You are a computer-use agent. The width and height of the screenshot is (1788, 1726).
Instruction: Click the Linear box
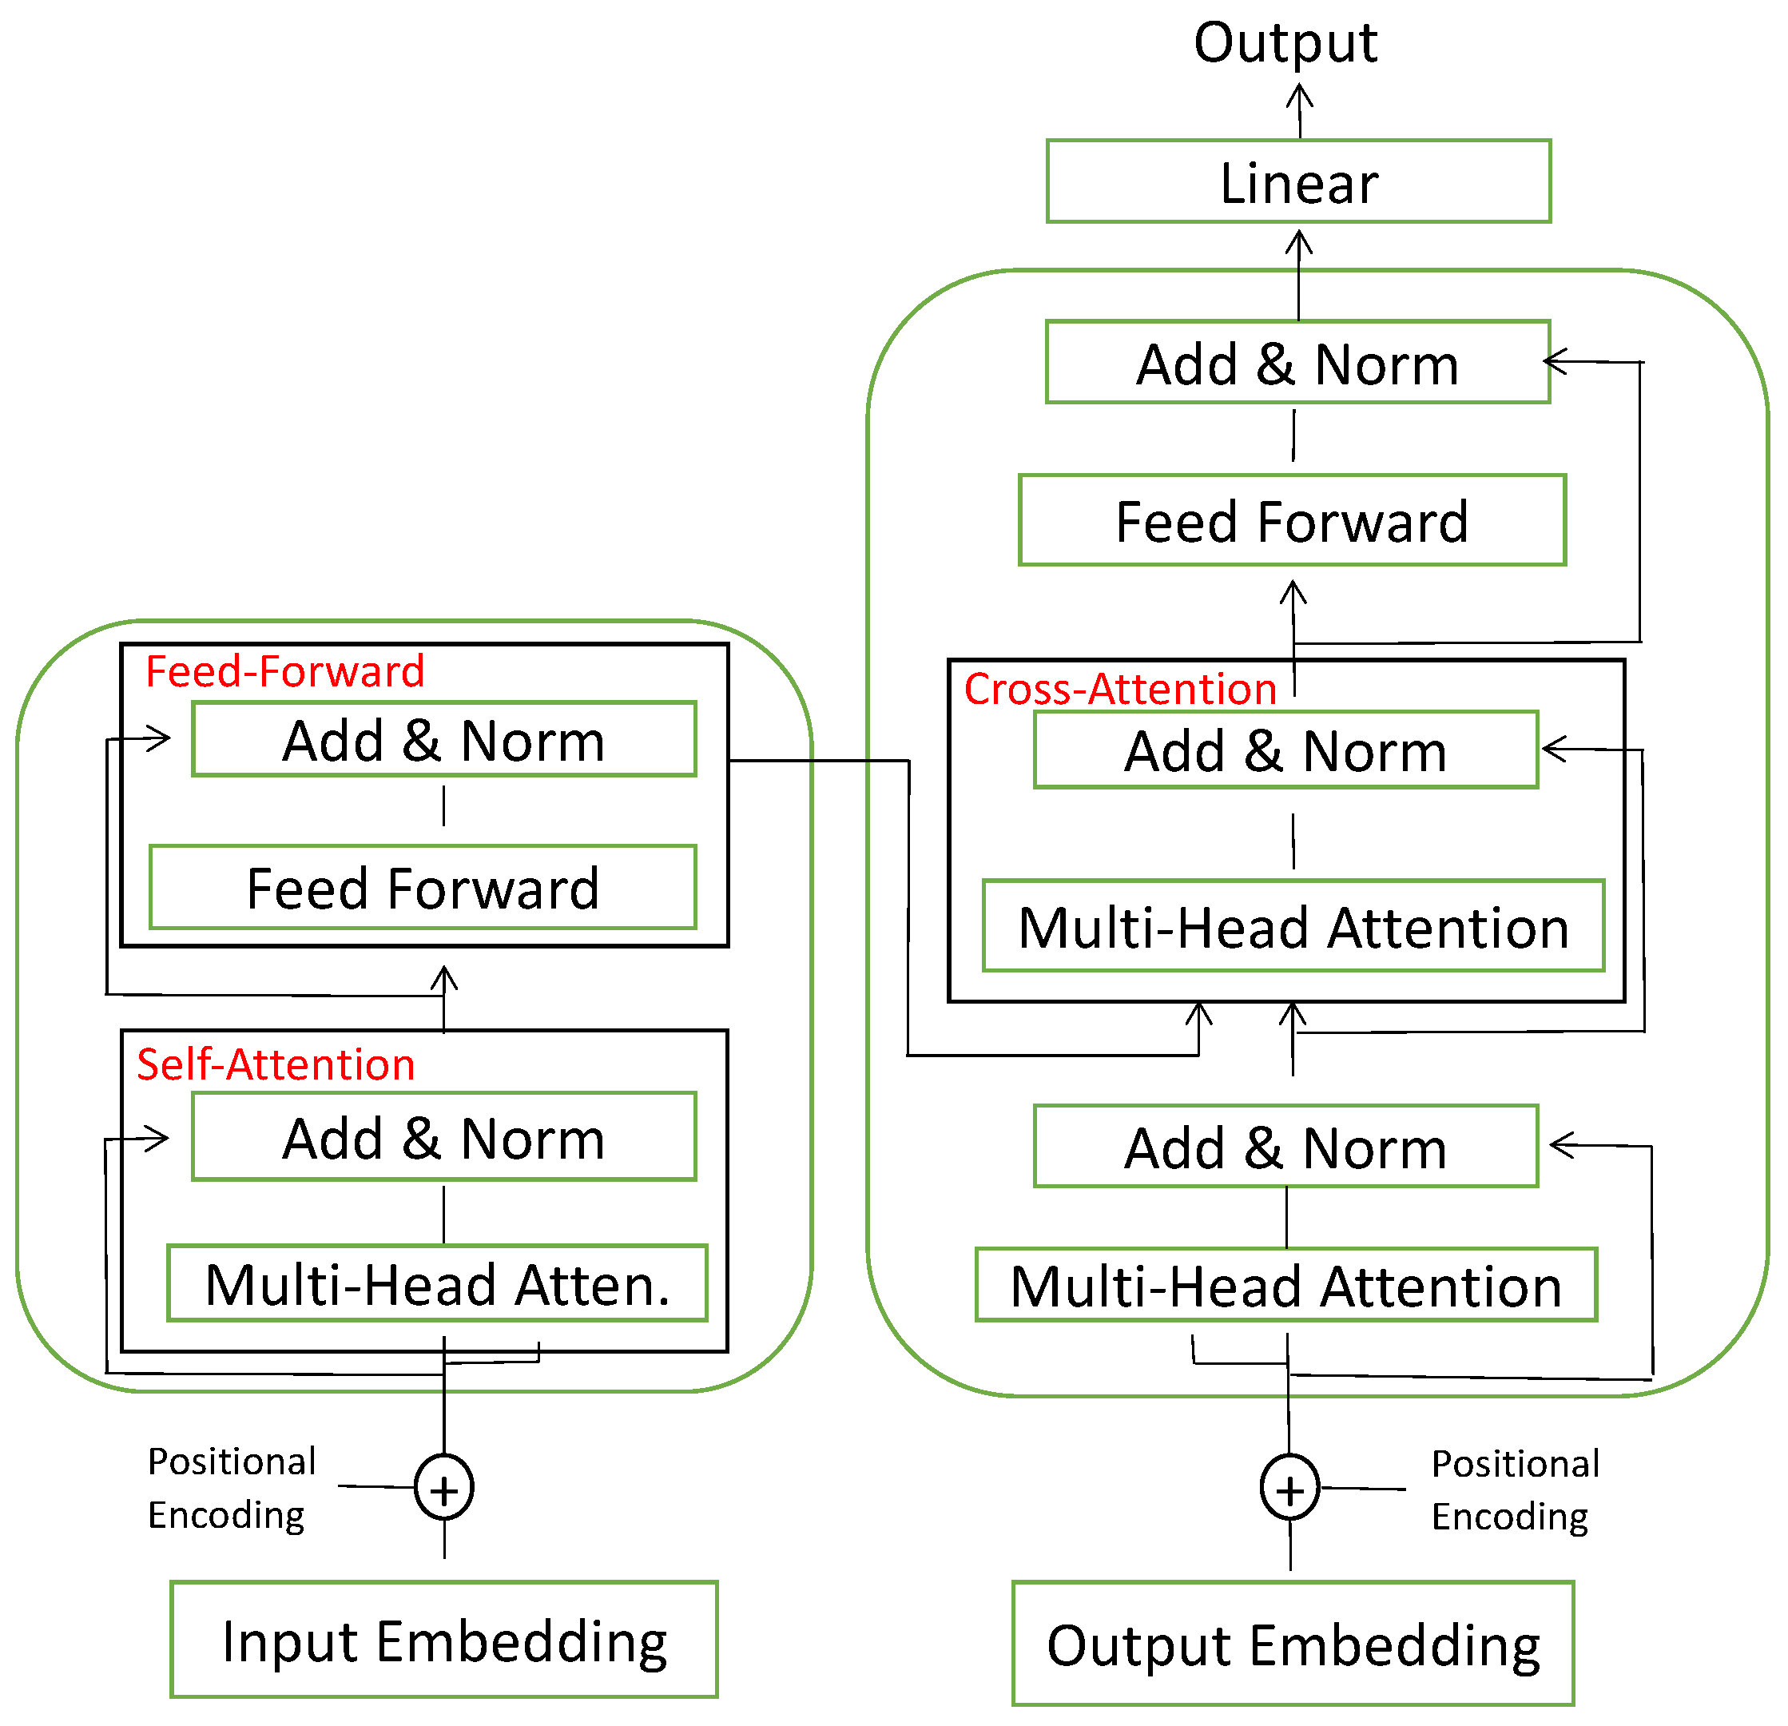1298,181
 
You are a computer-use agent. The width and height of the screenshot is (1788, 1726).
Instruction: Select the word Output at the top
1285,43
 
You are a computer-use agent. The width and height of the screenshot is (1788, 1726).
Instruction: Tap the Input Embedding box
444,1640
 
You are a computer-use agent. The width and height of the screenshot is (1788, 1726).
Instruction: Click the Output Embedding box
1293,1644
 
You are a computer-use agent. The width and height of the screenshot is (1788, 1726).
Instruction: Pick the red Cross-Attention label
1119,689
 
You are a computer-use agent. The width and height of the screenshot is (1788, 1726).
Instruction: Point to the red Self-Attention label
276,1064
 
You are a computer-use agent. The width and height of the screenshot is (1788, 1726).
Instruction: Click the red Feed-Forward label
284,671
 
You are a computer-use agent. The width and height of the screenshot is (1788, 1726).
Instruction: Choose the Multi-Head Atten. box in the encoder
437,1283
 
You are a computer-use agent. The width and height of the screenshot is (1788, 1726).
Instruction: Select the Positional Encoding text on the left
231,1488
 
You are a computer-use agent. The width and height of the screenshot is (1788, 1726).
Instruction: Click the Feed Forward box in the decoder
1292,521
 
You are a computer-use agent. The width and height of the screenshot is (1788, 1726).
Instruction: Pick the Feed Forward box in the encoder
423,888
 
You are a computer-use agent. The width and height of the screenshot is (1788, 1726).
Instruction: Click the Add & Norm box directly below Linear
1297,363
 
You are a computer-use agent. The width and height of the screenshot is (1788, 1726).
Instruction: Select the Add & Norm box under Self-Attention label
443,1138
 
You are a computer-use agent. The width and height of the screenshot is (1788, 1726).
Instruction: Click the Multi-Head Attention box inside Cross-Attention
1293,927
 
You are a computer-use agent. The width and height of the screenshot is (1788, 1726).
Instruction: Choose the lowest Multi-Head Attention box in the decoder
1285,1286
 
